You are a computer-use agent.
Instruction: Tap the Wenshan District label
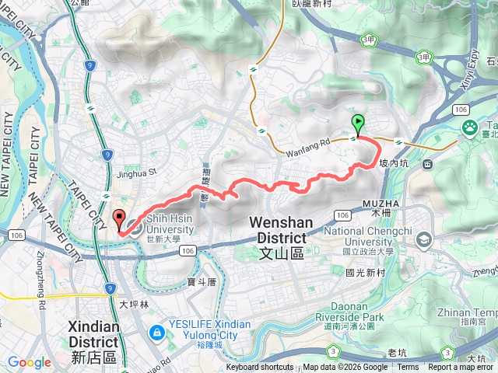coord(281,230)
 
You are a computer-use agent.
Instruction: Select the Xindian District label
coord(93,334)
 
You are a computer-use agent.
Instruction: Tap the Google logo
coord(30,362)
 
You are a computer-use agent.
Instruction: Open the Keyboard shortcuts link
coord(260,368)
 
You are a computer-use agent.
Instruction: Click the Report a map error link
coord(461,368)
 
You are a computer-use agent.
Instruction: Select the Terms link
coord(408,368)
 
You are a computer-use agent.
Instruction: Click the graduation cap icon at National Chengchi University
coord(423,239)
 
